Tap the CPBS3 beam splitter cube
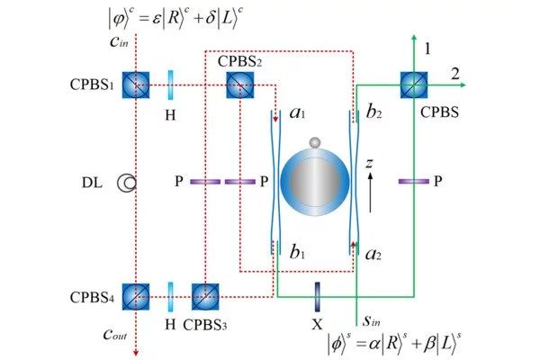204,295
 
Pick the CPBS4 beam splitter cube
135,295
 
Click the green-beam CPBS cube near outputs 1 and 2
415,86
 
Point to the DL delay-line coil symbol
128,184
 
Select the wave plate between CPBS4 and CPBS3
170,295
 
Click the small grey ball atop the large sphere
314,144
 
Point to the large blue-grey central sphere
314,184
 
